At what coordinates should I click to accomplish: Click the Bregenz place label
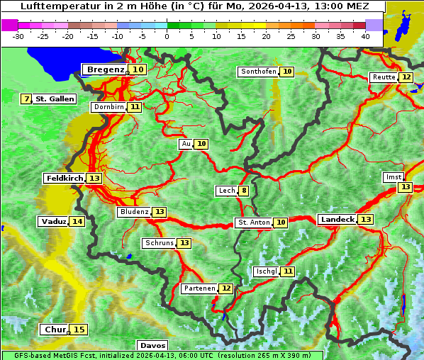[106, 69]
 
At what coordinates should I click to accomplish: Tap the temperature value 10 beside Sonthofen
[287, 72]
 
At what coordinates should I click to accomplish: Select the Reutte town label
[384, 77]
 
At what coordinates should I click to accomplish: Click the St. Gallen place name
[55, 99]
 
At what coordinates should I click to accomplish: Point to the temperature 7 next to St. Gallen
[27, 99]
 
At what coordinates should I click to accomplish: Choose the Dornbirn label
[108, 107]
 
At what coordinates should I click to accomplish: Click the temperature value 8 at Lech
[244, 191]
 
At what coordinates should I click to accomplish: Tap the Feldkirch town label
[65, 178]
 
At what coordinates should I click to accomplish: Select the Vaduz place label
[54, 222]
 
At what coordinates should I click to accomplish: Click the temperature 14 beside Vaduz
[77, 222]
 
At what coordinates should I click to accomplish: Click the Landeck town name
[337, 220]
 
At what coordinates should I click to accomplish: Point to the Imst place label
[392, 176]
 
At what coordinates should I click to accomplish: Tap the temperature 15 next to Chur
[79, 330]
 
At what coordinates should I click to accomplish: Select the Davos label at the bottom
[152, 345]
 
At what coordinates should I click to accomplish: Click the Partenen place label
[199, 288]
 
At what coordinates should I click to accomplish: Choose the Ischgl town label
[266, 271]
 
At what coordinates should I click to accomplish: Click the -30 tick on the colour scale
[18, 35]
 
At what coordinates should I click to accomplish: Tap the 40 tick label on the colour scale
[365, 35]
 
